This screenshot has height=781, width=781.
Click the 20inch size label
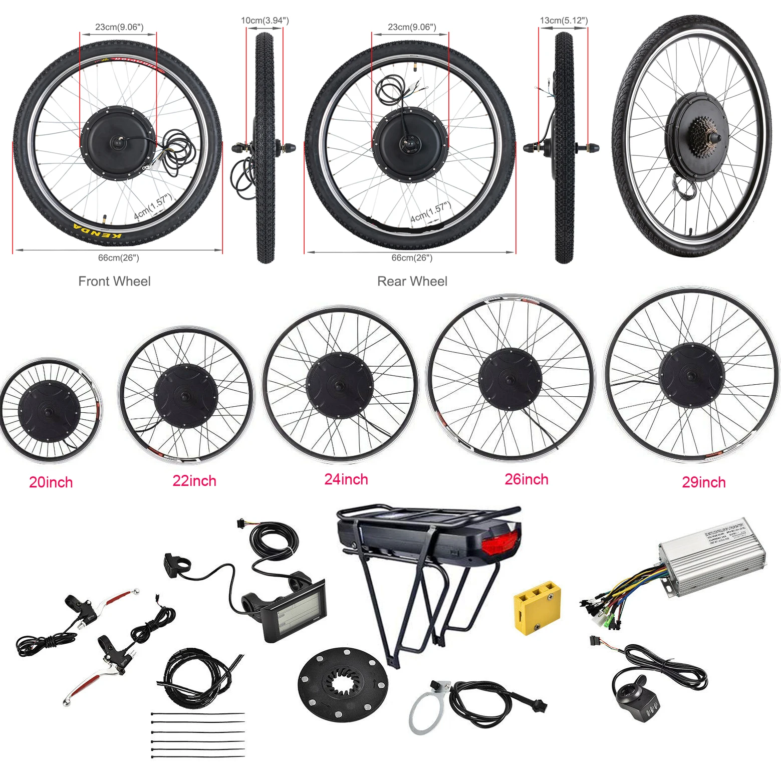click(51, 482)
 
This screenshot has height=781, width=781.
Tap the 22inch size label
click(194, 480)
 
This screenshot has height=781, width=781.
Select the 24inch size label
click(346, 479)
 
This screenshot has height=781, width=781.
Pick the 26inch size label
click(526, 479)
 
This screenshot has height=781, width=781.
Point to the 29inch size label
click(703, 482)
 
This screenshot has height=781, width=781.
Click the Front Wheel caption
click(114, 281)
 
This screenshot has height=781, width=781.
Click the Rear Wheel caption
click(412, 281)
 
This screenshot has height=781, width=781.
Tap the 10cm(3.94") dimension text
click(265, 21)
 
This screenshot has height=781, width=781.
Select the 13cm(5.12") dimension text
click(564, 21)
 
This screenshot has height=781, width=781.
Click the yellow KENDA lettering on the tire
click(98, 231)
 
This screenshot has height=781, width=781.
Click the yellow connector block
click(537, 607)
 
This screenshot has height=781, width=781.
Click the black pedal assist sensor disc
click(343, 684)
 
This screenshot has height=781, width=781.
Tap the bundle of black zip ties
click(198, 734)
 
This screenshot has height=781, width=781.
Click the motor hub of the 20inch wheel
click(49, 411)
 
